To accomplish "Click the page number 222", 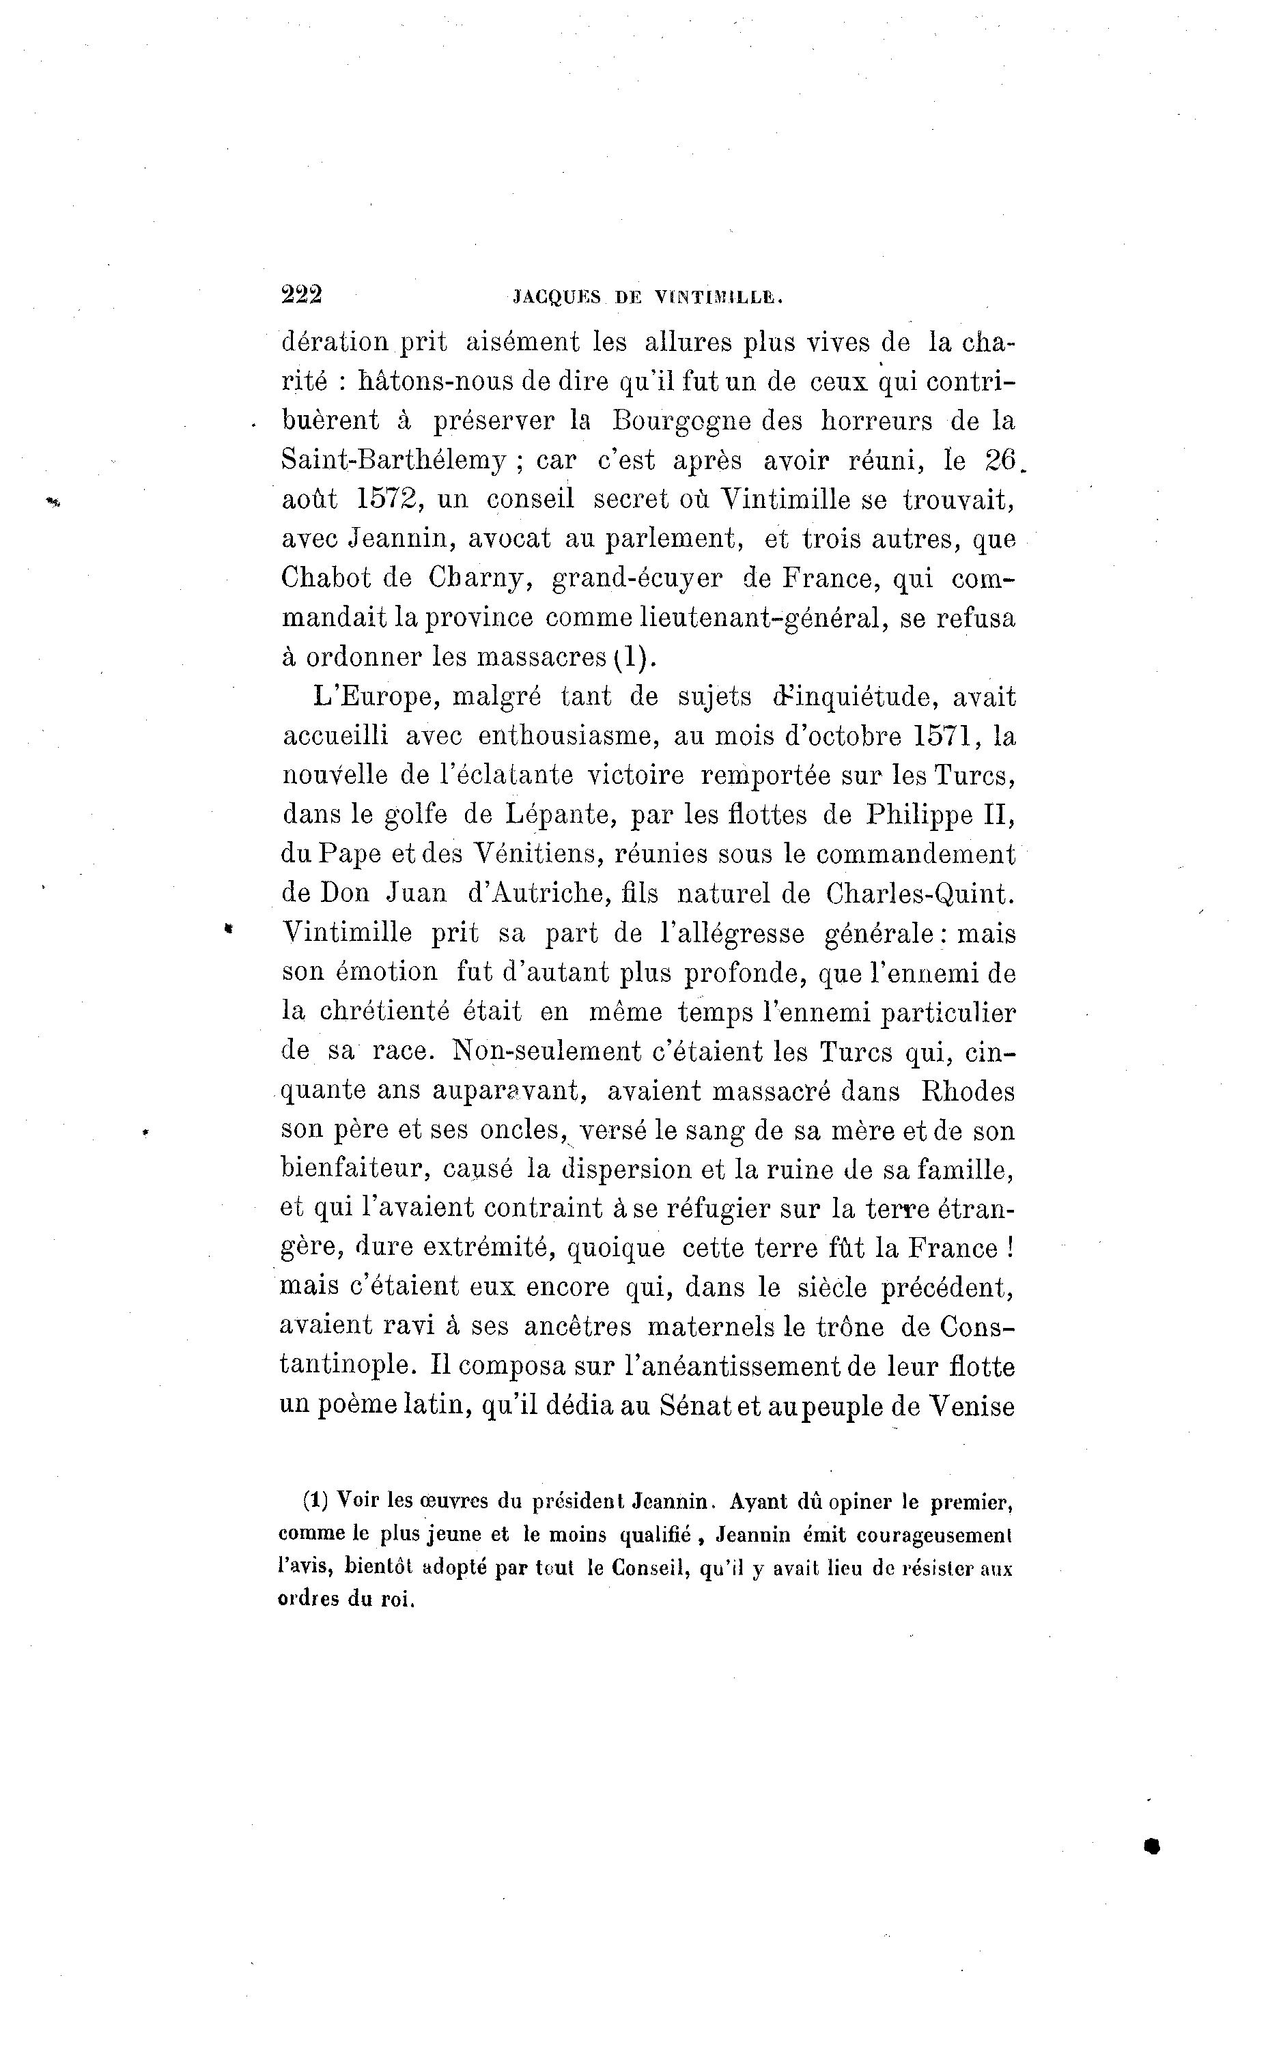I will tap(302, 295).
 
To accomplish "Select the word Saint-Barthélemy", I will tap(393, 460).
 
